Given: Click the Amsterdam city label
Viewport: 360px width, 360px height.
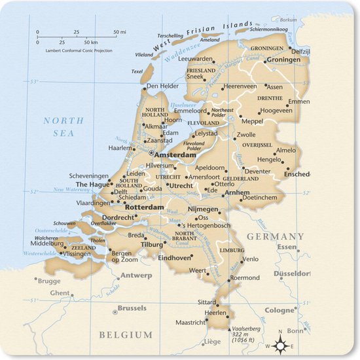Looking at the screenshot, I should pyautogui.click(x=176, y=155).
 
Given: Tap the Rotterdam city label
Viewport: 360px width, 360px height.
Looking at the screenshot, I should pyautogui.click(x=144, y=207).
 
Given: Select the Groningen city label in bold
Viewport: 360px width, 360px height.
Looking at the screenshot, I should pyautogui.click(x=283, y=59).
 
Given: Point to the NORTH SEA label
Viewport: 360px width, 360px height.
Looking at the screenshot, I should pyautogui.click(x=63, y=126).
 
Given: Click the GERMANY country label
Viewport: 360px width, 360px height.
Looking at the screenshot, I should pyautogui.click(x=275, y=236).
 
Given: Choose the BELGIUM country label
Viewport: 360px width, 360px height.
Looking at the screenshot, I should pyautogui.click(x=126, y=334).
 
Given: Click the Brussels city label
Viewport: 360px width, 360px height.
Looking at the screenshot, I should pyautogui.click(x=132, y=308).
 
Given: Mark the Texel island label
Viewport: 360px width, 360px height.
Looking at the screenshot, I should pyautogui.click(x=137, y=71).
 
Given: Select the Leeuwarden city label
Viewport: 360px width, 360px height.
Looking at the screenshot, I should pyautogui.click(x=196, y=58).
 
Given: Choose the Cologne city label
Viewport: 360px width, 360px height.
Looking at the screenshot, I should pyautogui.click(x=279, y=310).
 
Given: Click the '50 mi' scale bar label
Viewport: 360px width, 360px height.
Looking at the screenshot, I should pyautogui.click(x=120, y=31).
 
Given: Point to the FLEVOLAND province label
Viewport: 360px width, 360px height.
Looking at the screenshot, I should pyautogui.click(x=203, y=122).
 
